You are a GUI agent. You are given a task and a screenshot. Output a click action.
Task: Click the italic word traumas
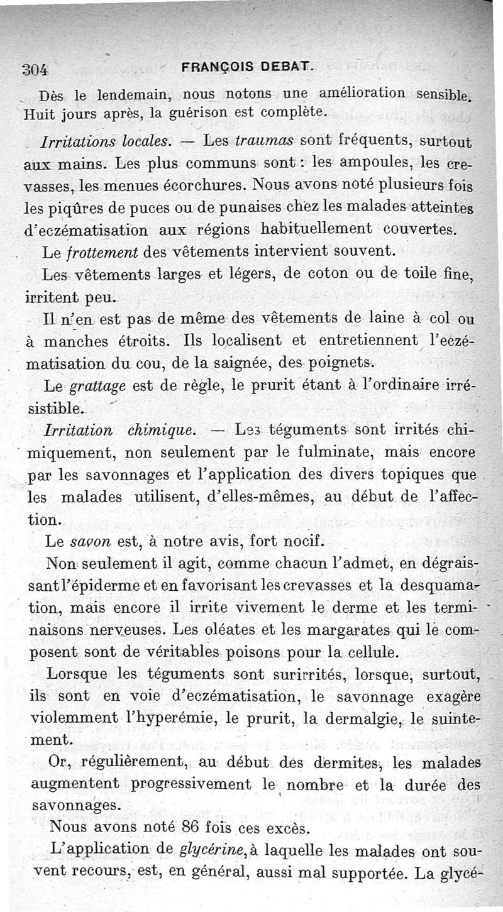262,141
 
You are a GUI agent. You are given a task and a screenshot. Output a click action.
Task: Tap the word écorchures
201,186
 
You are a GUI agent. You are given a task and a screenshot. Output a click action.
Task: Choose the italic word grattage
101,386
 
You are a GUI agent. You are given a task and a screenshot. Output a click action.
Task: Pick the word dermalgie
354,718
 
